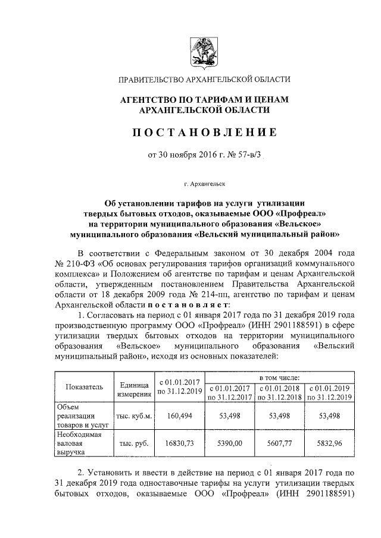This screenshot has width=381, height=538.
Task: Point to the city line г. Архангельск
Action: (x=204, y=185)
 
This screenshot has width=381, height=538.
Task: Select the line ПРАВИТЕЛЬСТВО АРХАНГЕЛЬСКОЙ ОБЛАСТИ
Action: (x=204, y=80)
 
